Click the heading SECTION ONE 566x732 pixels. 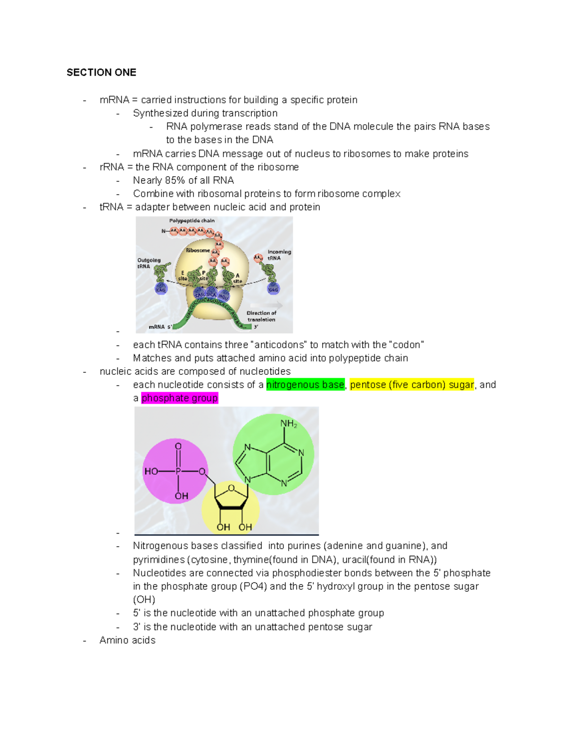point(101,73)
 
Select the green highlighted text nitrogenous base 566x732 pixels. point(305,385)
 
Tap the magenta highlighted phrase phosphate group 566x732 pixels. point(180,398)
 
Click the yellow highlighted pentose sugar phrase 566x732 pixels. point(412,385)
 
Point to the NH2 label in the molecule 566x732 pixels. point(288,424)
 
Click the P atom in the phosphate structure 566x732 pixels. point(178,471)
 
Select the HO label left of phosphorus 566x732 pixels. point(151,471)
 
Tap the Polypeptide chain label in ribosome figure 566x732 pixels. point(192,221)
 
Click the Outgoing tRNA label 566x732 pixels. point(149,263)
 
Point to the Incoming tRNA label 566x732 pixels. point(279,255)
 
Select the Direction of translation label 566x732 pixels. point(261,316)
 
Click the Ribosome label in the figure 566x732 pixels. point(198,250)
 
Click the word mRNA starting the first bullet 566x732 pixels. point(114,100)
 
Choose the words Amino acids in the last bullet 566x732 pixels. point(127,641)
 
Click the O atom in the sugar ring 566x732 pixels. point(231,488)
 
